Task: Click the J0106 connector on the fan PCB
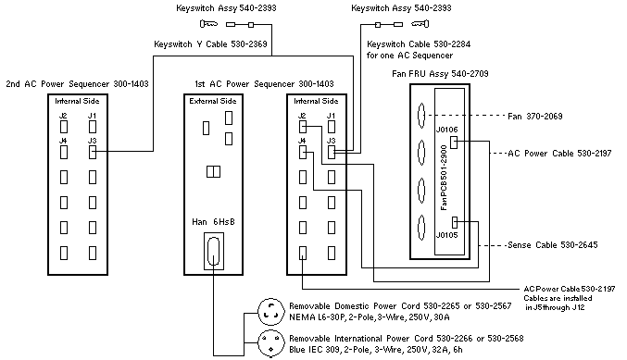pyautogui.click(x=454, y=143)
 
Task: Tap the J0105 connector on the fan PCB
pyautogui.click(x=455, y=222)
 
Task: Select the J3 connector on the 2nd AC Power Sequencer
pyautogui.click(x=93, y=152)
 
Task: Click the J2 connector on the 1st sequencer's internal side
pyautogui.click(x=303, y=127)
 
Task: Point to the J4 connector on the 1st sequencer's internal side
pyautogui.click(x=303, y=152)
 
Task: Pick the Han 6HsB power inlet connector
pyautogui.click(x=214, y=251)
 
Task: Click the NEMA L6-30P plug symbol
pyautogui.click(x=270, y=312)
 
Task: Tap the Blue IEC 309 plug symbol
pyautogui.click(x=270, y=343)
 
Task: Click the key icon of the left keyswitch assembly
pyautogui.click(x=208, y=24)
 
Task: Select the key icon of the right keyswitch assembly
pyautogui.click(x=420, y=24)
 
